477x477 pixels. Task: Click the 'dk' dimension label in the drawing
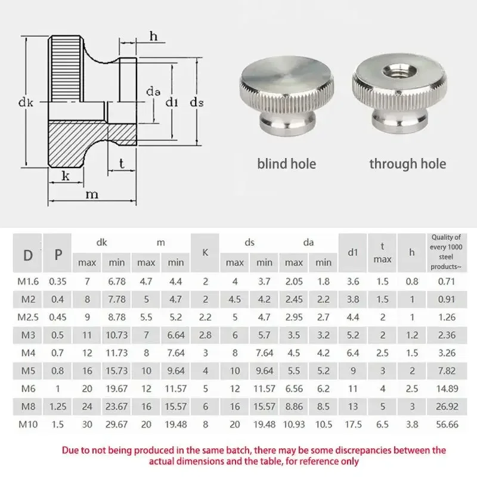pos(26,103)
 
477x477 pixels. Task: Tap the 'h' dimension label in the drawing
pos(153,36)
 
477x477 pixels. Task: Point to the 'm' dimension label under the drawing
pos(91,194)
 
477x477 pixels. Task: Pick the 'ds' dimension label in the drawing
pos(197,103)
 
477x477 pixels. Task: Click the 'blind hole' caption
pos(287,163)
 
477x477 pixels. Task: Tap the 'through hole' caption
pos(407,163)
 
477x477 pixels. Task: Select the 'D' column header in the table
pos(28,255)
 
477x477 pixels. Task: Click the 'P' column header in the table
pos(58,255)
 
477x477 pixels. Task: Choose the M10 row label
pos(28,425)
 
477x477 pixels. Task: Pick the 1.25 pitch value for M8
pos(58,407)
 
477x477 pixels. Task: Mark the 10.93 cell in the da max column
pos(294,425)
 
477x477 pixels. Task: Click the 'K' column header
pos(205,252)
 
